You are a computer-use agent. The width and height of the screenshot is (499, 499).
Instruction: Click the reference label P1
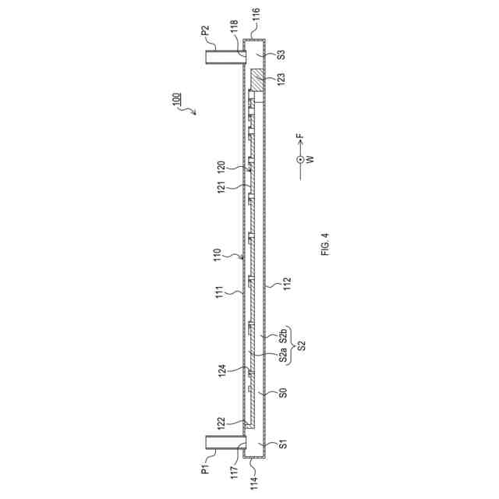206,469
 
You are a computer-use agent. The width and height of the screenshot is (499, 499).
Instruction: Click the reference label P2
206,31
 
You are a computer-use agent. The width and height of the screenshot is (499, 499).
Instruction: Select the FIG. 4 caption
325,244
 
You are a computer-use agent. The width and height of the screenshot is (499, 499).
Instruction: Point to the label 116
257,15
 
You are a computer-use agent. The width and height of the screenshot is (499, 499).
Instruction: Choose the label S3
281,55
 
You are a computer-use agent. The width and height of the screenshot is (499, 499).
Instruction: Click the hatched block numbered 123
258,80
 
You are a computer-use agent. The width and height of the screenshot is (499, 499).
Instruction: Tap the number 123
281,79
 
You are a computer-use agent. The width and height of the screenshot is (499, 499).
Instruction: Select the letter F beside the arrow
300,136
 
